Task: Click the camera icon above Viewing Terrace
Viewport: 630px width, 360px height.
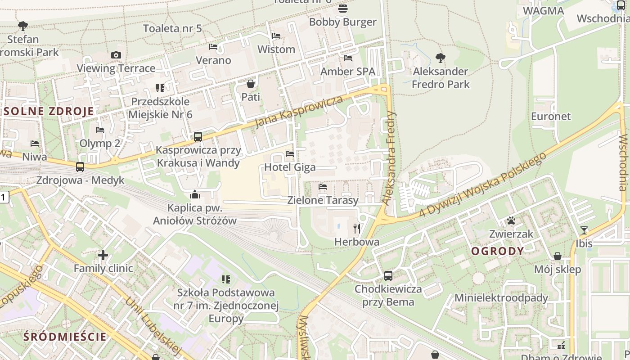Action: point(116,55)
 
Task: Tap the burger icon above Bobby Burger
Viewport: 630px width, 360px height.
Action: point(343,8)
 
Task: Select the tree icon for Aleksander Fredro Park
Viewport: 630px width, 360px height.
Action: point(441,58)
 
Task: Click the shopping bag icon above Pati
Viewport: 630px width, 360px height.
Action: point(251,84)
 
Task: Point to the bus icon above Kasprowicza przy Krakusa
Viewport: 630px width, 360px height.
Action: point(198,137)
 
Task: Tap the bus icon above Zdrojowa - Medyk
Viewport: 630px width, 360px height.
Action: point(80,167)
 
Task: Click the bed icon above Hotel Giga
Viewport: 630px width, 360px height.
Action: point(290,154)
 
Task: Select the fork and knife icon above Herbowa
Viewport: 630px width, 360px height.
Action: point(357,229)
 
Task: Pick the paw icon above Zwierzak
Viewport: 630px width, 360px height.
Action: point(511,220)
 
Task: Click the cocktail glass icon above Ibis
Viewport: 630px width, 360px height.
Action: point(584,230)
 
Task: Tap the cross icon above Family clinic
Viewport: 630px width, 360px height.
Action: point(103,255)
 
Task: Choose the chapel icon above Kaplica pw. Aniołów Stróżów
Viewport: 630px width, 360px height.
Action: point(195,194)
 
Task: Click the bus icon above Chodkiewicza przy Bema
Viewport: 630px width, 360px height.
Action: point(388,275)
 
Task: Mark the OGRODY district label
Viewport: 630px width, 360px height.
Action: point(497,251)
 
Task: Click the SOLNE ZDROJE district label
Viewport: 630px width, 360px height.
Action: point(49,111)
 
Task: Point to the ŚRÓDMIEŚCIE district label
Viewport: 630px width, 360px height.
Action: point(65,337)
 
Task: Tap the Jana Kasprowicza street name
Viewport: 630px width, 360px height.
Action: point(299,111)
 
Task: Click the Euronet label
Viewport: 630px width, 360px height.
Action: point(551,116)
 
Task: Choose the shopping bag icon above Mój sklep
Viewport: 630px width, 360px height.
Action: point(558,256)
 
